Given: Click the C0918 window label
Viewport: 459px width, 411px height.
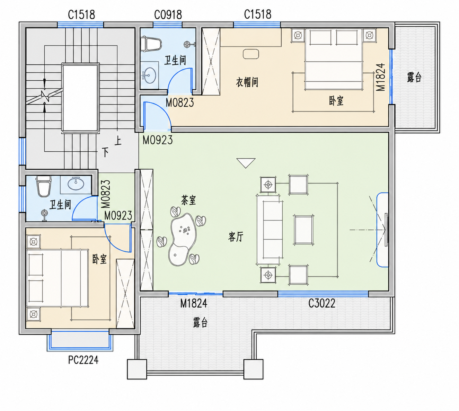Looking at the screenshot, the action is tap(168, 15).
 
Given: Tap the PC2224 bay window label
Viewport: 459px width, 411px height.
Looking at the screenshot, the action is tap(83, 360).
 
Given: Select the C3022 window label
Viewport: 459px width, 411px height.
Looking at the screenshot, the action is tap(322, 303).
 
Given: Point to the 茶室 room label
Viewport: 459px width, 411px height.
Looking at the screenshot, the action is tap(188, 200).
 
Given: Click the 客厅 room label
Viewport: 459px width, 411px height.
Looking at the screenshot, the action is tap(236, 237).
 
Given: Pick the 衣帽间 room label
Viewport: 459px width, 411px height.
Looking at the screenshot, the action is tap(247, 82).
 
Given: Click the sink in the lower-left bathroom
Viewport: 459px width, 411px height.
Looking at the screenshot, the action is tap(76, 184).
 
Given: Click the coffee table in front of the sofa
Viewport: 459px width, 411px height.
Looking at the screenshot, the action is tap(303, 230).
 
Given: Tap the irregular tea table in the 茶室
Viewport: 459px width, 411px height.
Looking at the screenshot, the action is tap(182, 239).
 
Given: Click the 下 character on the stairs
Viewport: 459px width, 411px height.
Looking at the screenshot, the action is tap(105, 152).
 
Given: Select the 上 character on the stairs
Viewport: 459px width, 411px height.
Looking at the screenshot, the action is tap(118, 141).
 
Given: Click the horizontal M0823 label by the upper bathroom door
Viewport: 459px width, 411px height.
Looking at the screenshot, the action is tap(180, 102).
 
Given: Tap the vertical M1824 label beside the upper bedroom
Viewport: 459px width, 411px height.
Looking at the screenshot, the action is tap(381, 77).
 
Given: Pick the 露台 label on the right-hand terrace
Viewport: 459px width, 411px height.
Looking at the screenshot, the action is tap(414, 77).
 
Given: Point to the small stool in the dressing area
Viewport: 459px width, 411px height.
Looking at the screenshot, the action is tap(251, 54).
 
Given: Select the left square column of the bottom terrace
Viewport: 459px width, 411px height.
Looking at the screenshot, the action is tap(137, 369).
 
